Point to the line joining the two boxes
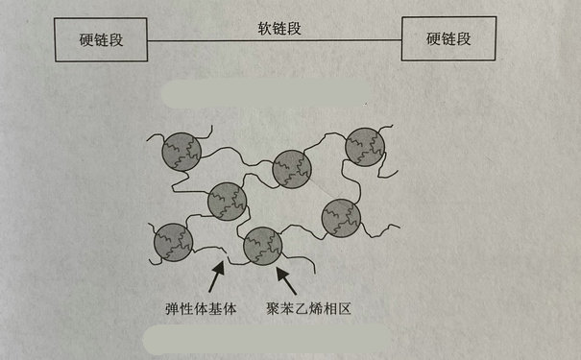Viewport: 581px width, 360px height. (278, 40)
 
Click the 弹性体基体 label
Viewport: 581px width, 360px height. (204, 310)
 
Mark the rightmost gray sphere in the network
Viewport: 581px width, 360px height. (366, 146)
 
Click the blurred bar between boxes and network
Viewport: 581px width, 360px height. (266, 94)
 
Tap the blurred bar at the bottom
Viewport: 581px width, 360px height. (266, 338)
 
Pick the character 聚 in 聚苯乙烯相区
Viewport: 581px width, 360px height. (276, 310)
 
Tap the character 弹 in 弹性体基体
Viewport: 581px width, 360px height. (173, 310)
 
